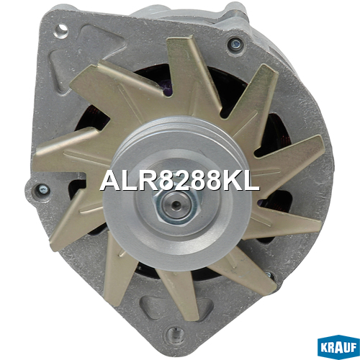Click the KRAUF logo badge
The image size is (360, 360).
coord(338,347)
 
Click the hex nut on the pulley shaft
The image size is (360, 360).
coord(176,204)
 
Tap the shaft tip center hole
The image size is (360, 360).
coord(176,204)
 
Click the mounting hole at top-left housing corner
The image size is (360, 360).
coord(61,31)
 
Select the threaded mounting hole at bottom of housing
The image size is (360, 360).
coord(176,333)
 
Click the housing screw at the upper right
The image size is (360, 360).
coord(235,45)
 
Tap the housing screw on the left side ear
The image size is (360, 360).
coord(42,190)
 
